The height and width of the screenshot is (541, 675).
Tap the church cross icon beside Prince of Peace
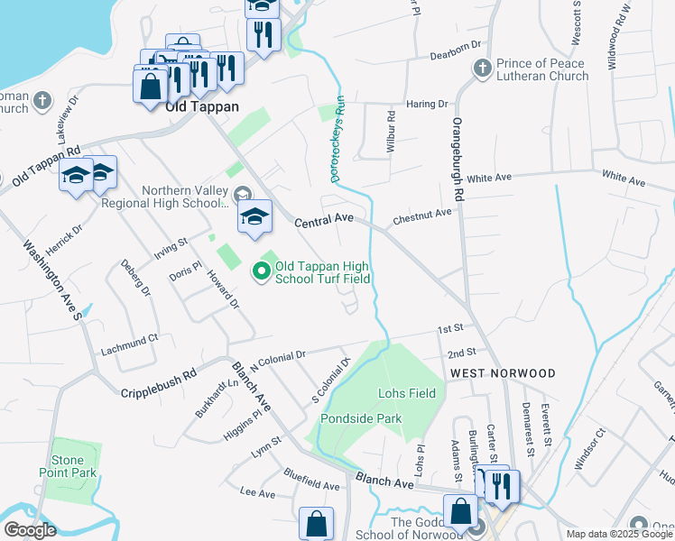pyautogui.click(x=481, y=68)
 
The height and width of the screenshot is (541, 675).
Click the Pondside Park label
pyautogui.click(x=361, y=418)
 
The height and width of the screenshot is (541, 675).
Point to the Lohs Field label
pyautogui.click(x=406, y=393)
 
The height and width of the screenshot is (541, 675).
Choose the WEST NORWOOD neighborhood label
pyautogui.click(x=503, y=372)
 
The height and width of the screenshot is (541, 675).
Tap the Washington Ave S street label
pyautogui.click(x=51, y=280)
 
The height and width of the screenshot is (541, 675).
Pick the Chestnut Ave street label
pyautogui.click(x=421, y=216)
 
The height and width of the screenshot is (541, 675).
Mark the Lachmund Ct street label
pyautogui.click(x=129, y=340)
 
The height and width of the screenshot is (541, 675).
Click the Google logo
pyautogui.click(x=30, y=530)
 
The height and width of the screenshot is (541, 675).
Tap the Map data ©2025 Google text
pyautogui.click(x=619, y=534)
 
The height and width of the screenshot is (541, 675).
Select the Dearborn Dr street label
pyautogui.click(x=456, y=45)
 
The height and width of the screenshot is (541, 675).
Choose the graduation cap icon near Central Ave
pyautogui.click(x=255, y=216)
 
